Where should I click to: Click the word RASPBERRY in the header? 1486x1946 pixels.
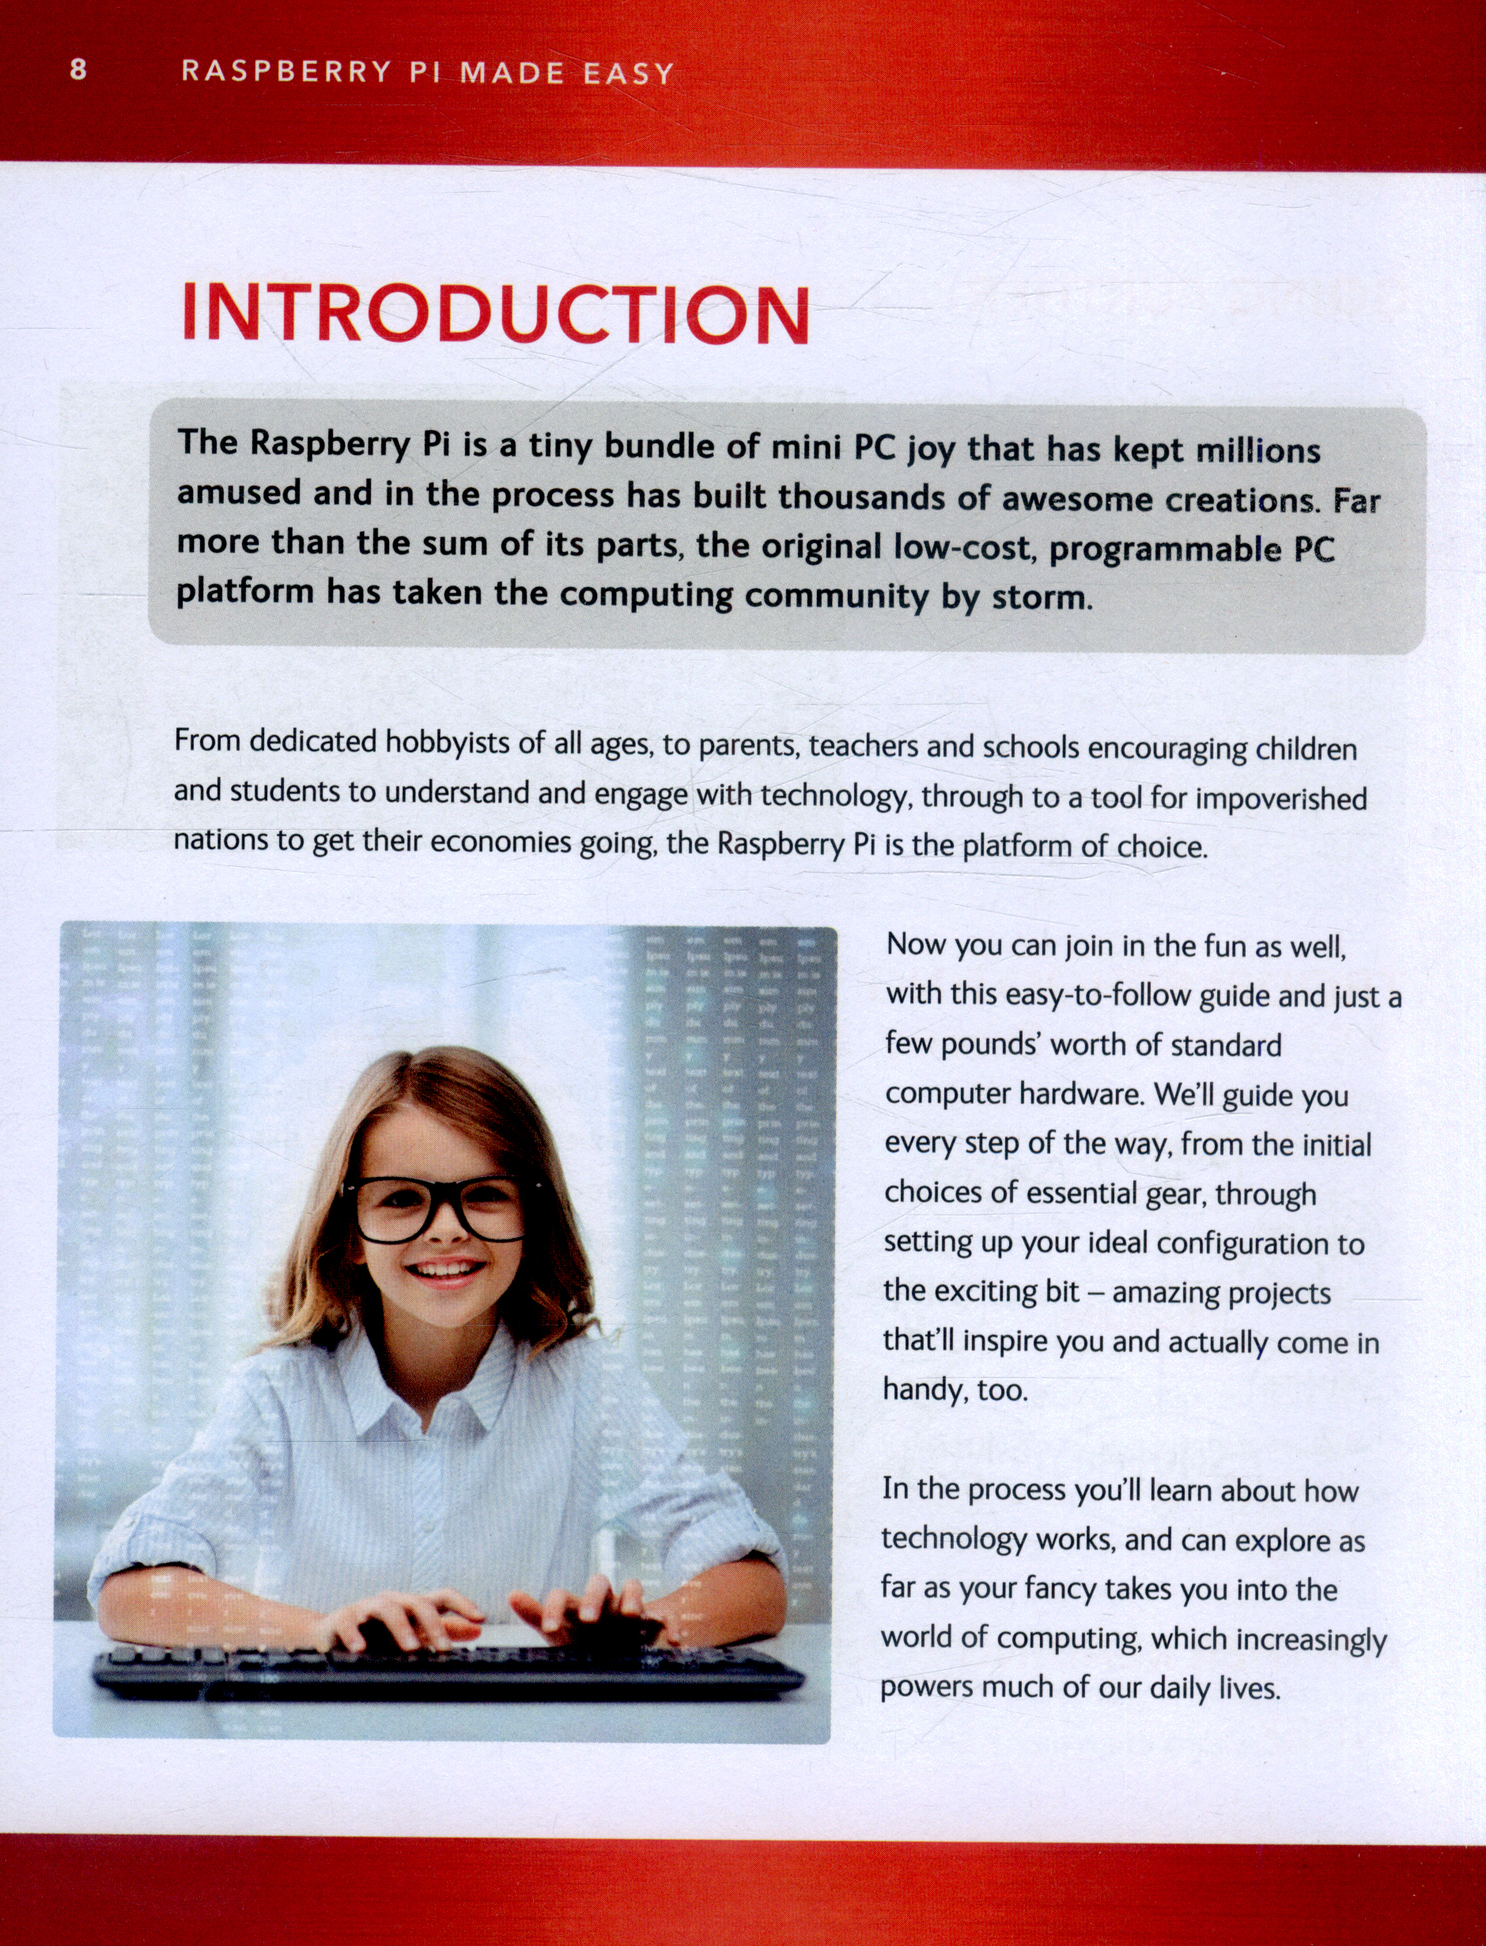coord(286,72)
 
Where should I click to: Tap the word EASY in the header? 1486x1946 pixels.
coord(629,74)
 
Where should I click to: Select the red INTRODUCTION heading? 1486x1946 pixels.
coord(495,314)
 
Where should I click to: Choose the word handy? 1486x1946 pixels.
coord(924,1390)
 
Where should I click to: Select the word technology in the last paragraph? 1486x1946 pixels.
coord(954,1540)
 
